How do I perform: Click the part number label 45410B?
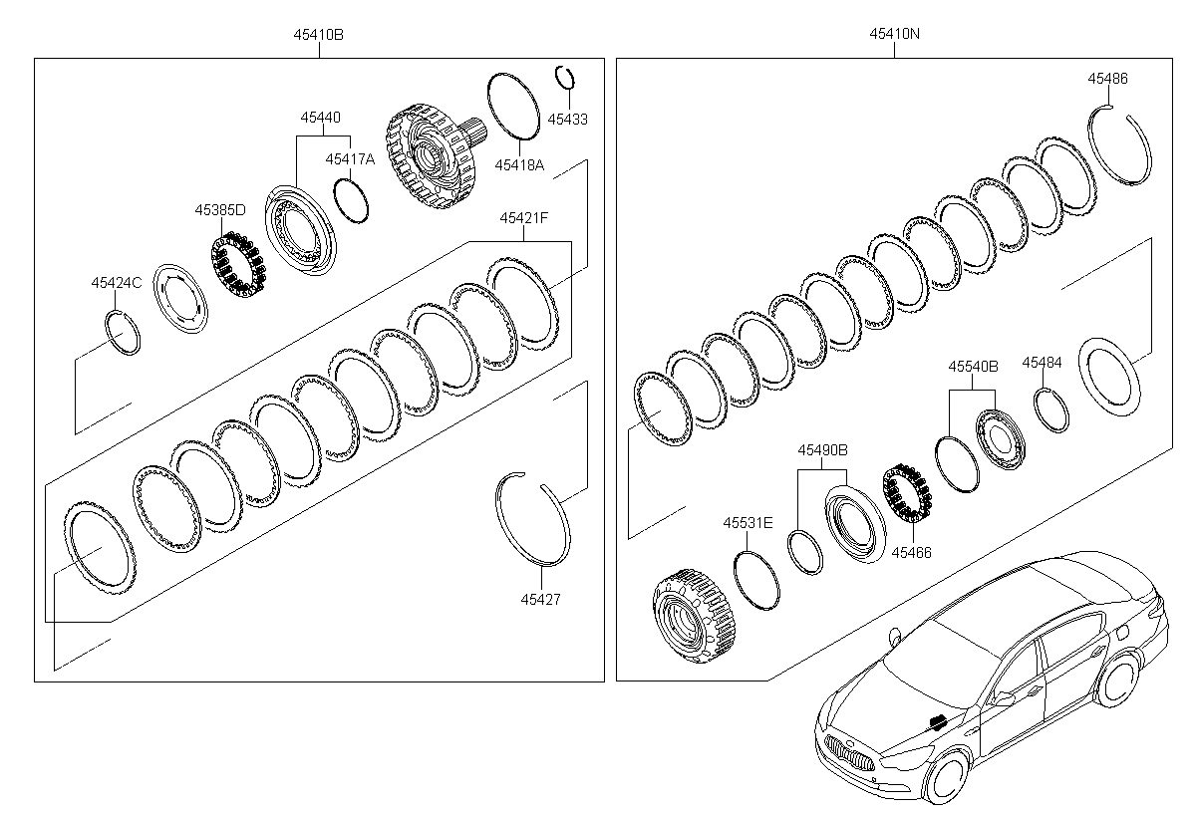point(318,35)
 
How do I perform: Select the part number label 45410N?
point(894,34)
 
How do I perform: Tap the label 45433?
point(567,119)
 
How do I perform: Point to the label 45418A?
point(519,164)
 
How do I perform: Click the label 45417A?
point(350,159)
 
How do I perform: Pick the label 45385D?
point(220,210)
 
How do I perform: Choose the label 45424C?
point(117,283)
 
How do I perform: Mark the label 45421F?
point(524,218)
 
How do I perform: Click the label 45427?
point(540,600)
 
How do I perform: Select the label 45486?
point(1108,79)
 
